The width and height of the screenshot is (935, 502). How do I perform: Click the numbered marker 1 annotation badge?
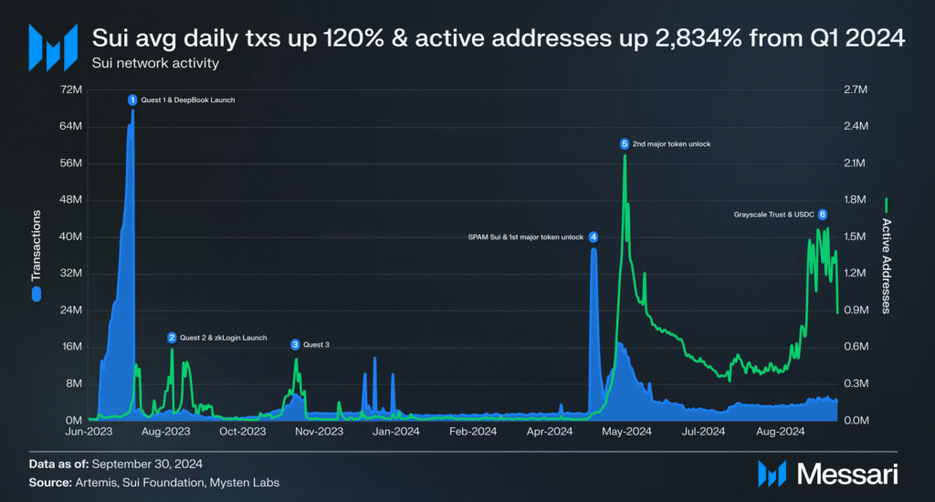pos(132,100)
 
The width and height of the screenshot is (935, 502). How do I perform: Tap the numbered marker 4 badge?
pos(594,237)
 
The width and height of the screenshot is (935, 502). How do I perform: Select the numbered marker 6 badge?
pos(823,214)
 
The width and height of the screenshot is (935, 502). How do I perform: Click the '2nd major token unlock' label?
pos(671,144)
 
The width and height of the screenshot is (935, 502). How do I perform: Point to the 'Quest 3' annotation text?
pos(316,345)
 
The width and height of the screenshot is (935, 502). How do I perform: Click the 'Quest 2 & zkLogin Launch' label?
pos(224,338)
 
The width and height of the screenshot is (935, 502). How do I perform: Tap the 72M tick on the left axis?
pos(71,89)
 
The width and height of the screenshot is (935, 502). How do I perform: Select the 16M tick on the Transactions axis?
pos(72,347)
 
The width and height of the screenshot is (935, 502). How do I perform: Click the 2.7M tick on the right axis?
pos(856,89)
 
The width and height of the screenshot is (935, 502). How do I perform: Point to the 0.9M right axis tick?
pos(856,310)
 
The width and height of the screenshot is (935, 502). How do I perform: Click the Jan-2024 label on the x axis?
pos(396,431)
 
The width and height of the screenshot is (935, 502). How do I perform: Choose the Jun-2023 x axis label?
pos(89,431)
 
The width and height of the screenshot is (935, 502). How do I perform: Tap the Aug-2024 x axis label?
pos(780,431)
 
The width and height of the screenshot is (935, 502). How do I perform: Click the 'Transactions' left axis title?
pos(37,246)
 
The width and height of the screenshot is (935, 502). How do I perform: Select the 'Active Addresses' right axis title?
pos(887,266)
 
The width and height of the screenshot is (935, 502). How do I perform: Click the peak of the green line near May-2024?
pos(625,155)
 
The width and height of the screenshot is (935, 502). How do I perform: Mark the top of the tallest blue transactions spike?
pos(133,110)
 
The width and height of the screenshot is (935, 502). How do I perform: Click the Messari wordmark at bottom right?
pos(847,475)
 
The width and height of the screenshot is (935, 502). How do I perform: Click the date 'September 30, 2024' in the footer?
pos(147,464)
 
